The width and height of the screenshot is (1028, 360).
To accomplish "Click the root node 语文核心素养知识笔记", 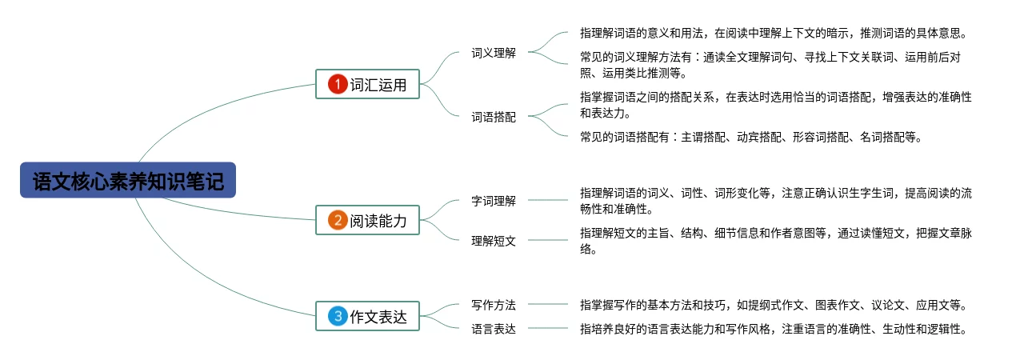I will [128, 180].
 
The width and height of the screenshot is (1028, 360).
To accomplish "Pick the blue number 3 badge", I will [338, 317].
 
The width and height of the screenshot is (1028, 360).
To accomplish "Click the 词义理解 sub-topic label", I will [494, 53].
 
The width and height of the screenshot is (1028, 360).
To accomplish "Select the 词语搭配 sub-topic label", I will [494, 117].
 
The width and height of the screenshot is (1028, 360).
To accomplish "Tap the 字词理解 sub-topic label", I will [494, 201].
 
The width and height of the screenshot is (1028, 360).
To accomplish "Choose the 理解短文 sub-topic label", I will [494, 240].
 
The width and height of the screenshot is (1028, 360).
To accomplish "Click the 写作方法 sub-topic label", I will [494, 305].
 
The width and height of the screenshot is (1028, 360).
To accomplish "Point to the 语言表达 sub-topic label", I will [494, 328].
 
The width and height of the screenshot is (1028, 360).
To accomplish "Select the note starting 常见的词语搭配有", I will [750, 137].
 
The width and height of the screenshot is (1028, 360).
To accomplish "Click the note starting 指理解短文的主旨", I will [776, 240].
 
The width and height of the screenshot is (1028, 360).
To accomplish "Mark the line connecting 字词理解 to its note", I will [548, 200].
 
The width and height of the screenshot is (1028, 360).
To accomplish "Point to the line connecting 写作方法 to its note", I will [548, 304].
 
